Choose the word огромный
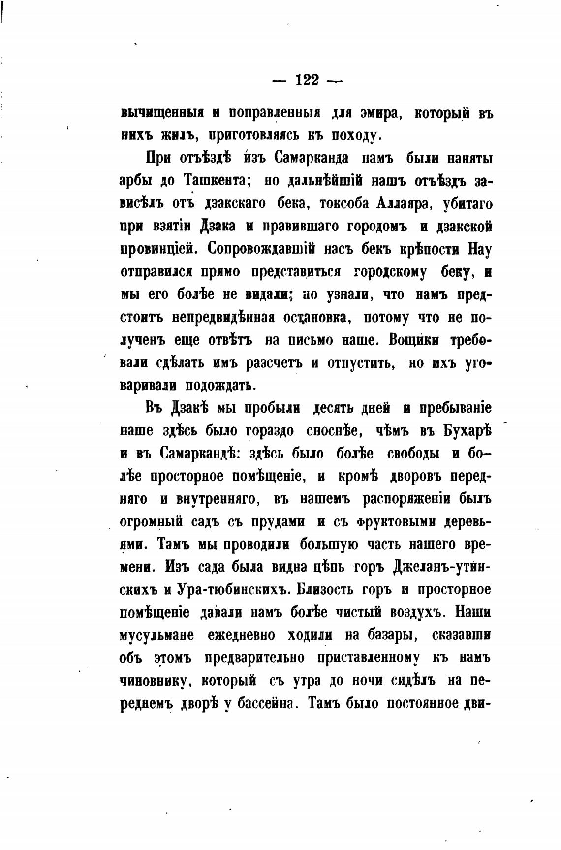pyautogui.click(x=152, y=522)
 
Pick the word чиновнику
pyautogui.click(x=155, y=681)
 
